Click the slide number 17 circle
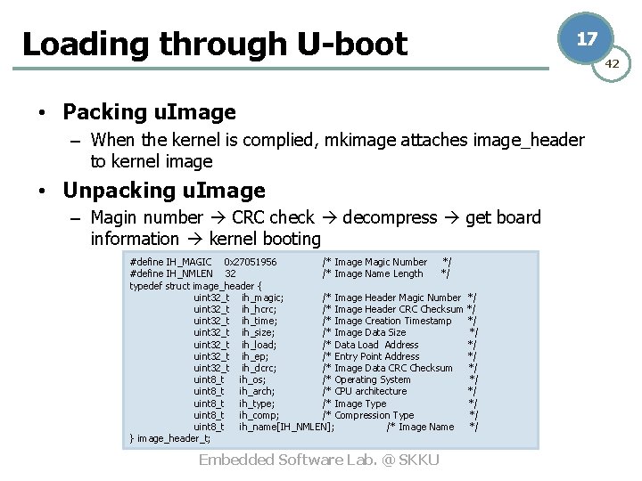click(586, 39)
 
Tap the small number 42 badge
click(613, 64)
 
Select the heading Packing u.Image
click(149, 112)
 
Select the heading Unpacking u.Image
click(164, 191)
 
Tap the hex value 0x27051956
click(250, 262)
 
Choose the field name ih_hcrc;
click(259, 309)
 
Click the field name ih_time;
click(259, 321)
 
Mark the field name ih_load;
click(259, 345)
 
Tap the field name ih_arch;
click(257, 391)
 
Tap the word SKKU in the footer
click(419, 460)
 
